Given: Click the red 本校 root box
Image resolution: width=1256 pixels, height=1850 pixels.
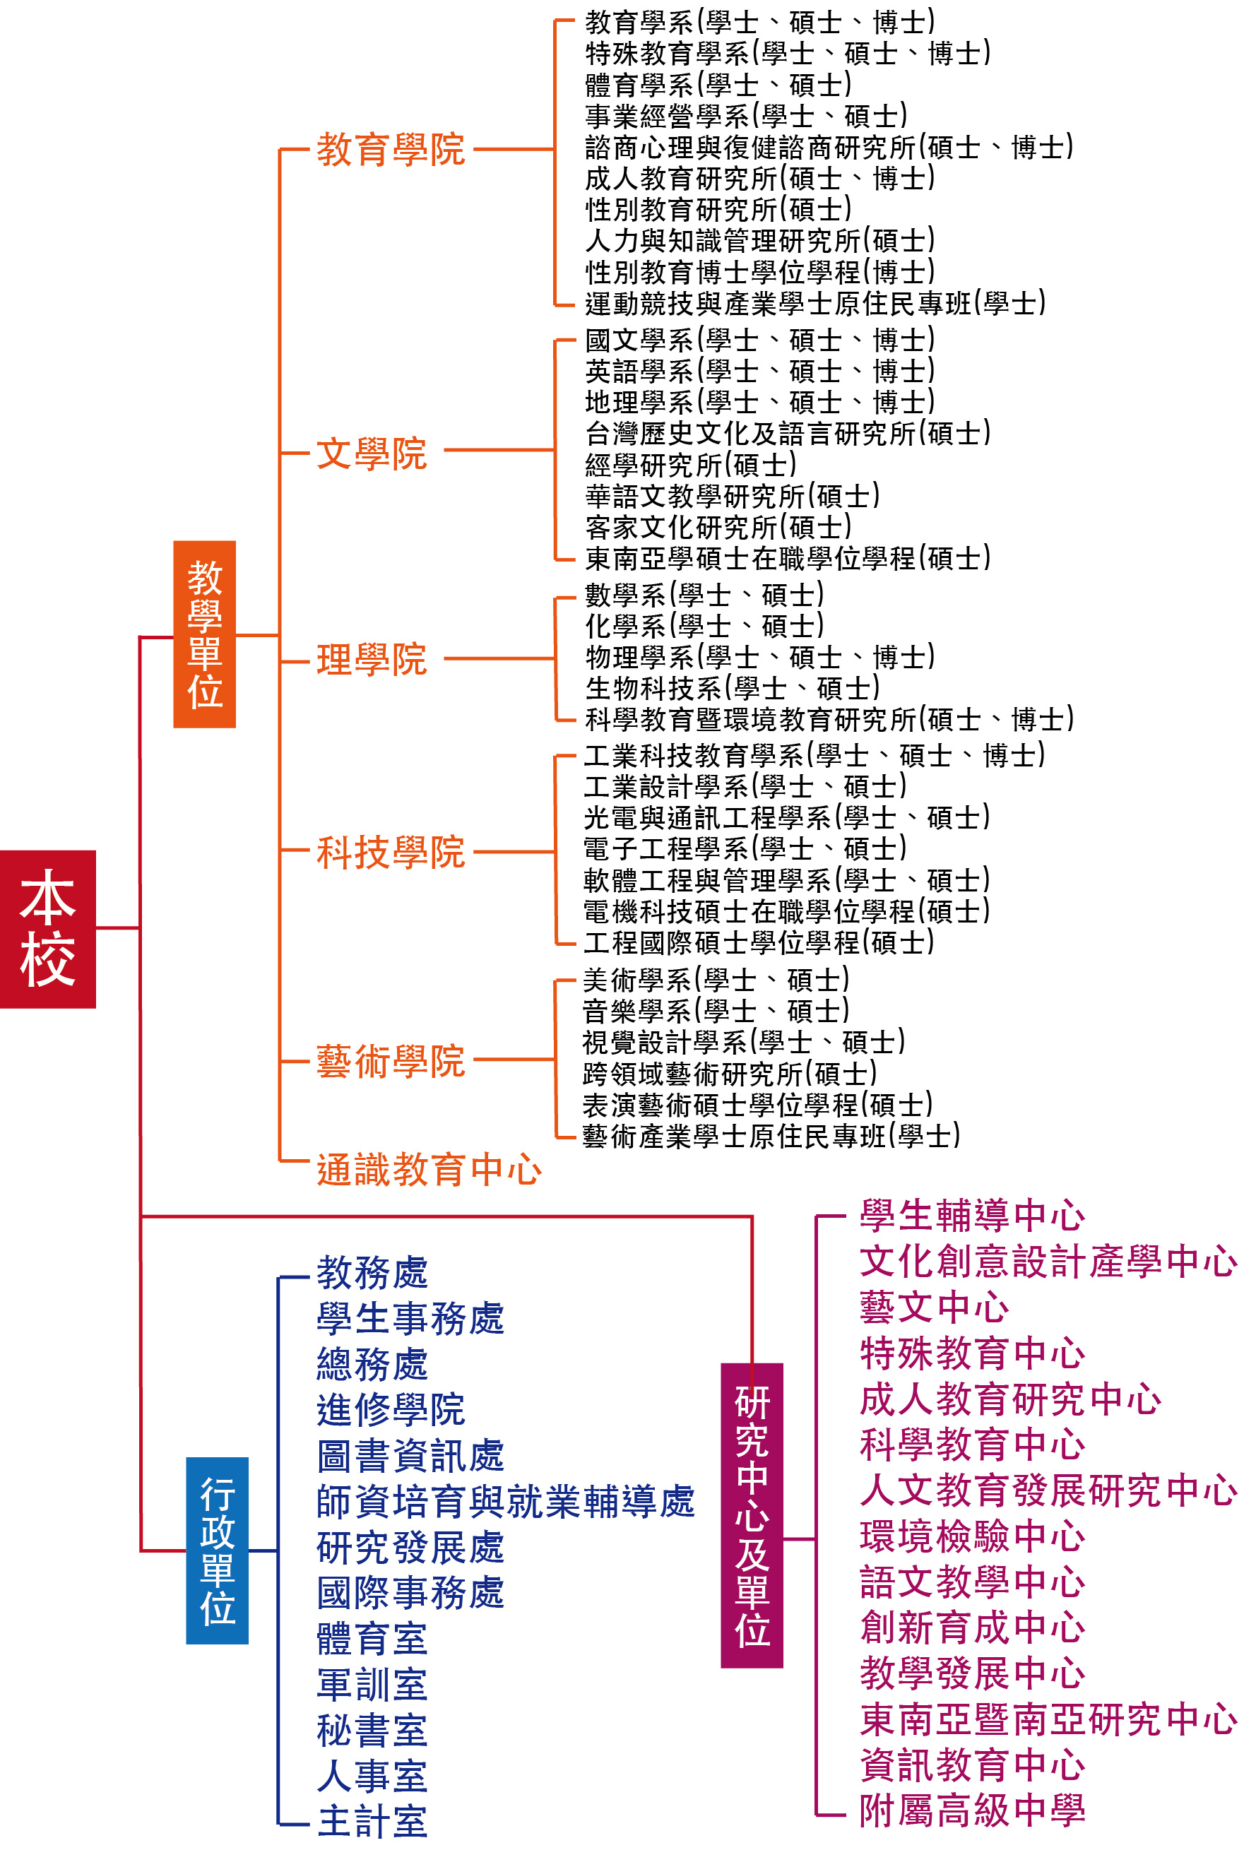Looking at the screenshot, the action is tap(48, 929).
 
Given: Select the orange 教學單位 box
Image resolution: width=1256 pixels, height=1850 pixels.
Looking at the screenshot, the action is tap(205, 634).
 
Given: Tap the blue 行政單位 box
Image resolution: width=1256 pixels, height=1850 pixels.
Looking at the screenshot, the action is tap(218, 1550).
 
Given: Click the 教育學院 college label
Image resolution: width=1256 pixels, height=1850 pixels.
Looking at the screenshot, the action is tap(391, 150).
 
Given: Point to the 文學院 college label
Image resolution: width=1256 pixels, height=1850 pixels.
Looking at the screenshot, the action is tap(372, 453).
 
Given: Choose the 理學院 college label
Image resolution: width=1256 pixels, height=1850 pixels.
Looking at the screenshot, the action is tap(372, 660).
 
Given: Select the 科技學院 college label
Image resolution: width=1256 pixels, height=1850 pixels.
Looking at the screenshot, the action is tap(391, 853).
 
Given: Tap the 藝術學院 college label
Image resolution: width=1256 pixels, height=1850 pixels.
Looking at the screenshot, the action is tap(391, 1061).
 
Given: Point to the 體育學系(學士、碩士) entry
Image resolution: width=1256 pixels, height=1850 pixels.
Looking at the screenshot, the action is tap(718, 84).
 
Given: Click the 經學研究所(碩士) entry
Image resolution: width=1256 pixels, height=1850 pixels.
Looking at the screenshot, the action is tap(691, 465).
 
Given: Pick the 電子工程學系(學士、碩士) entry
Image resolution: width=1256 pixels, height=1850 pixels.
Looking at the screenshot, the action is tap(746, 848).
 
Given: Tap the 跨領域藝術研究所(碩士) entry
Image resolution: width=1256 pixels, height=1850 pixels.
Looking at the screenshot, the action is tap(730, 1074).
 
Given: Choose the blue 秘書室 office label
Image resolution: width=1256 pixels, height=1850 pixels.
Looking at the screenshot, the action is tap(372, 1730).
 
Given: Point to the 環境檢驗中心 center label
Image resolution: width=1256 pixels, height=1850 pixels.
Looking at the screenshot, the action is tap(973, 1536).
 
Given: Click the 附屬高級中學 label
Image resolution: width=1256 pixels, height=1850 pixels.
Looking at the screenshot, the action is tap(973, 1811).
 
